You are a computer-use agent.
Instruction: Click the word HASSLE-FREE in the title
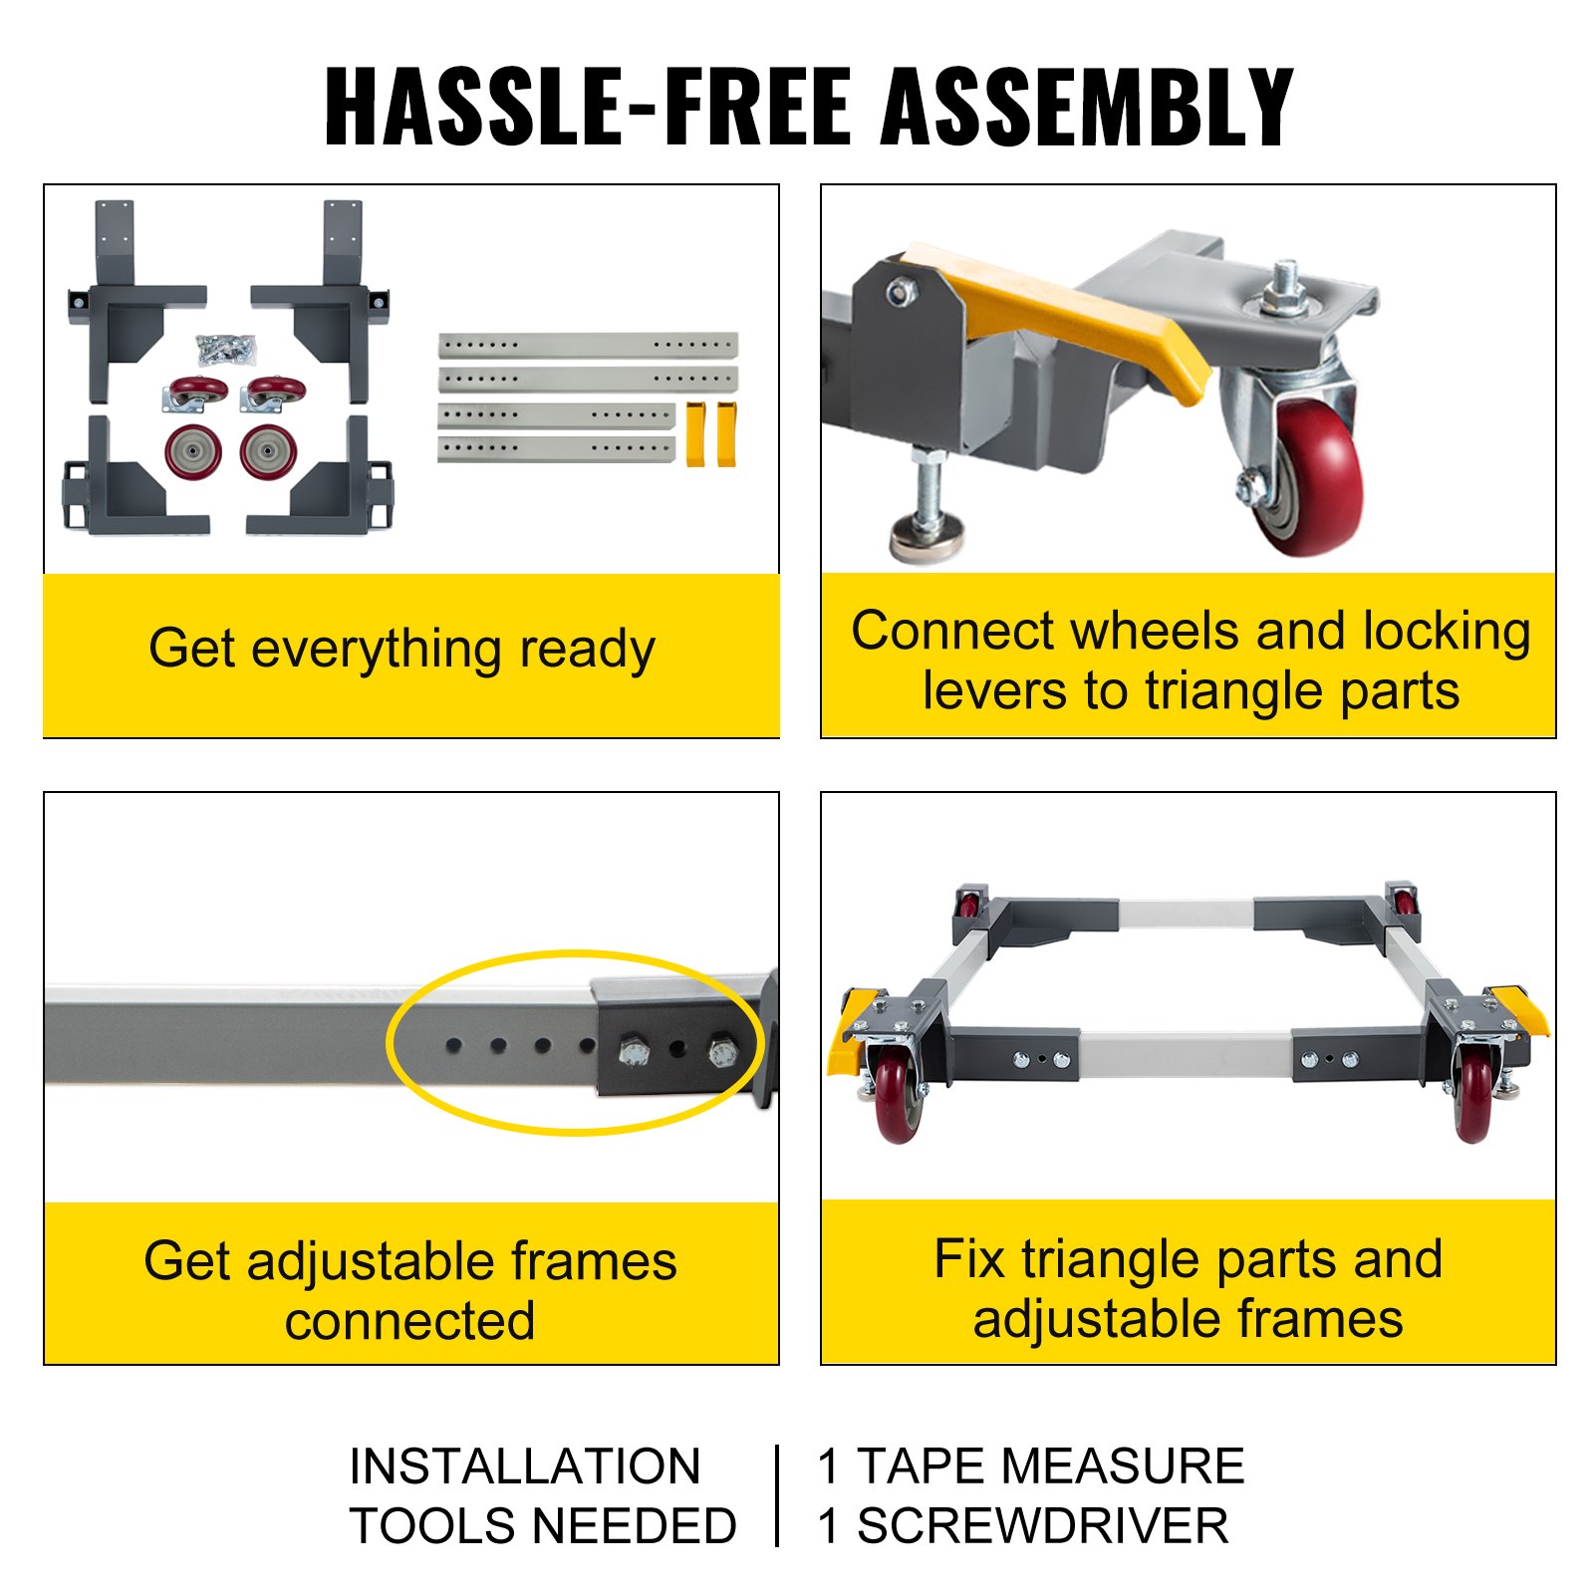[x=588, y=108]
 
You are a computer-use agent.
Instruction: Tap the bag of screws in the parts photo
[x=226, y=349]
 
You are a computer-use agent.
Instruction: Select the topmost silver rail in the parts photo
[x=588, y=345]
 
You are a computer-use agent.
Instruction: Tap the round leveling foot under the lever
[x=928, y=535]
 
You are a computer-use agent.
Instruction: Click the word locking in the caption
[x=1447, y=631]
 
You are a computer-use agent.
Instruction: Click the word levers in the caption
[x=993, y=690]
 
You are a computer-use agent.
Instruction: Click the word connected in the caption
[x=409, y=1321]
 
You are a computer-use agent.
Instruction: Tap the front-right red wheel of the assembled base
[x=1473, y=1101]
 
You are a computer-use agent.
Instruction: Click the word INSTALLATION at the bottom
[x=525, y=1466]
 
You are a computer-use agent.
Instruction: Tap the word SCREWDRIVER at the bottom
[x=1042, y=1526]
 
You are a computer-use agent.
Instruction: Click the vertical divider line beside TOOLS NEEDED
[x=777, y=1495]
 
